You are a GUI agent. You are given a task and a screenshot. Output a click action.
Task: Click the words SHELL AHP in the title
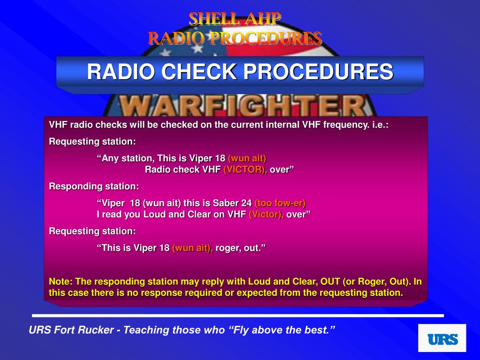pyautogui.click(x=235, y=19)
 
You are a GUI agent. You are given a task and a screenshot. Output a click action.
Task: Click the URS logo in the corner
pyautogui.click(x=442, y=338)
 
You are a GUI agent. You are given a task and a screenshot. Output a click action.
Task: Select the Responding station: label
pyautogui.click(x=94, y=186)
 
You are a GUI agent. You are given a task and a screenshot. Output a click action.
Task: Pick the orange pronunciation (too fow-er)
pyautogui.click(x=280, y=203)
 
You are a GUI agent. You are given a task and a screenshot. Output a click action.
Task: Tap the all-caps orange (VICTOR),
pyautogui.click(x=245, y=169)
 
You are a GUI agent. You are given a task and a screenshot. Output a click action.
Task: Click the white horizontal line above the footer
pyautogui.click(x=238, y=315)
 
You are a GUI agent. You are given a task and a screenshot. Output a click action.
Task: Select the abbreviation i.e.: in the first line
pyautogui.click(x=379, y=125)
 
